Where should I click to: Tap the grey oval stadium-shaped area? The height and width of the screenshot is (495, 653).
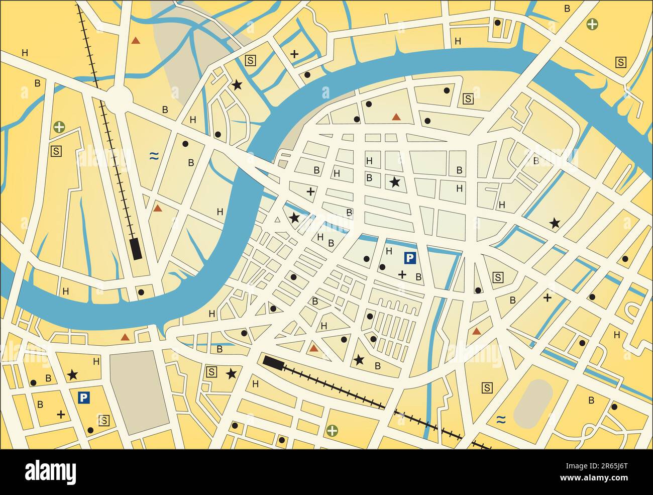click(x=533, y=404)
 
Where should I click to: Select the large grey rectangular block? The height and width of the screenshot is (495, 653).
click(x=139, y=392)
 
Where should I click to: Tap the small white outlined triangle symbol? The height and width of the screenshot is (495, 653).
click(x=277, y=220)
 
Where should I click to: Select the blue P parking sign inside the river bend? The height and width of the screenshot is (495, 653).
click(x=410, y=259)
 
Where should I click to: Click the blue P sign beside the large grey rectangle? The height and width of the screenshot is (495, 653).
click(x=83, y=398)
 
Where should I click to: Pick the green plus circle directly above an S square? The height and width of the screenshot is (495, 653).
click(x=59, y=127)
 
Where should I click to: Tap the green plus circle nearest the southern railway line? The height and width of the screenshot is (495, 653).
click(x=332, y=430)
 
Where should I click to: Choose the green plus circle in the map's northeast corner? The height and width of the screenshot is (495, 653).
click(x=593, y=23)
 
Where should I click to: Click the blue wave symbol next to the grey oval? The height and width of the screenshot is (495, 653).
click(x=500, y=419)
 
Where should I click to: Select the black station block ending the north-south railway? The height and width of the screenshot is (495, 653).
click(x=135, y=248)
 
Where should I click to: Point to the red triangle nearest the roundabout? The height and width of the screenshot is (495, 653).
click(x=135, y=40)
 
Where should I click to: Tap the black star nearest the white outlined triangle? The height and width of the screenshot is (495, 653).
click(x=294, y=218)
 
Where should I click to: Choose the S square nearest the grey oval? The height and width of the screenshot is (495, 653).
click(x=487, y=387)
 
